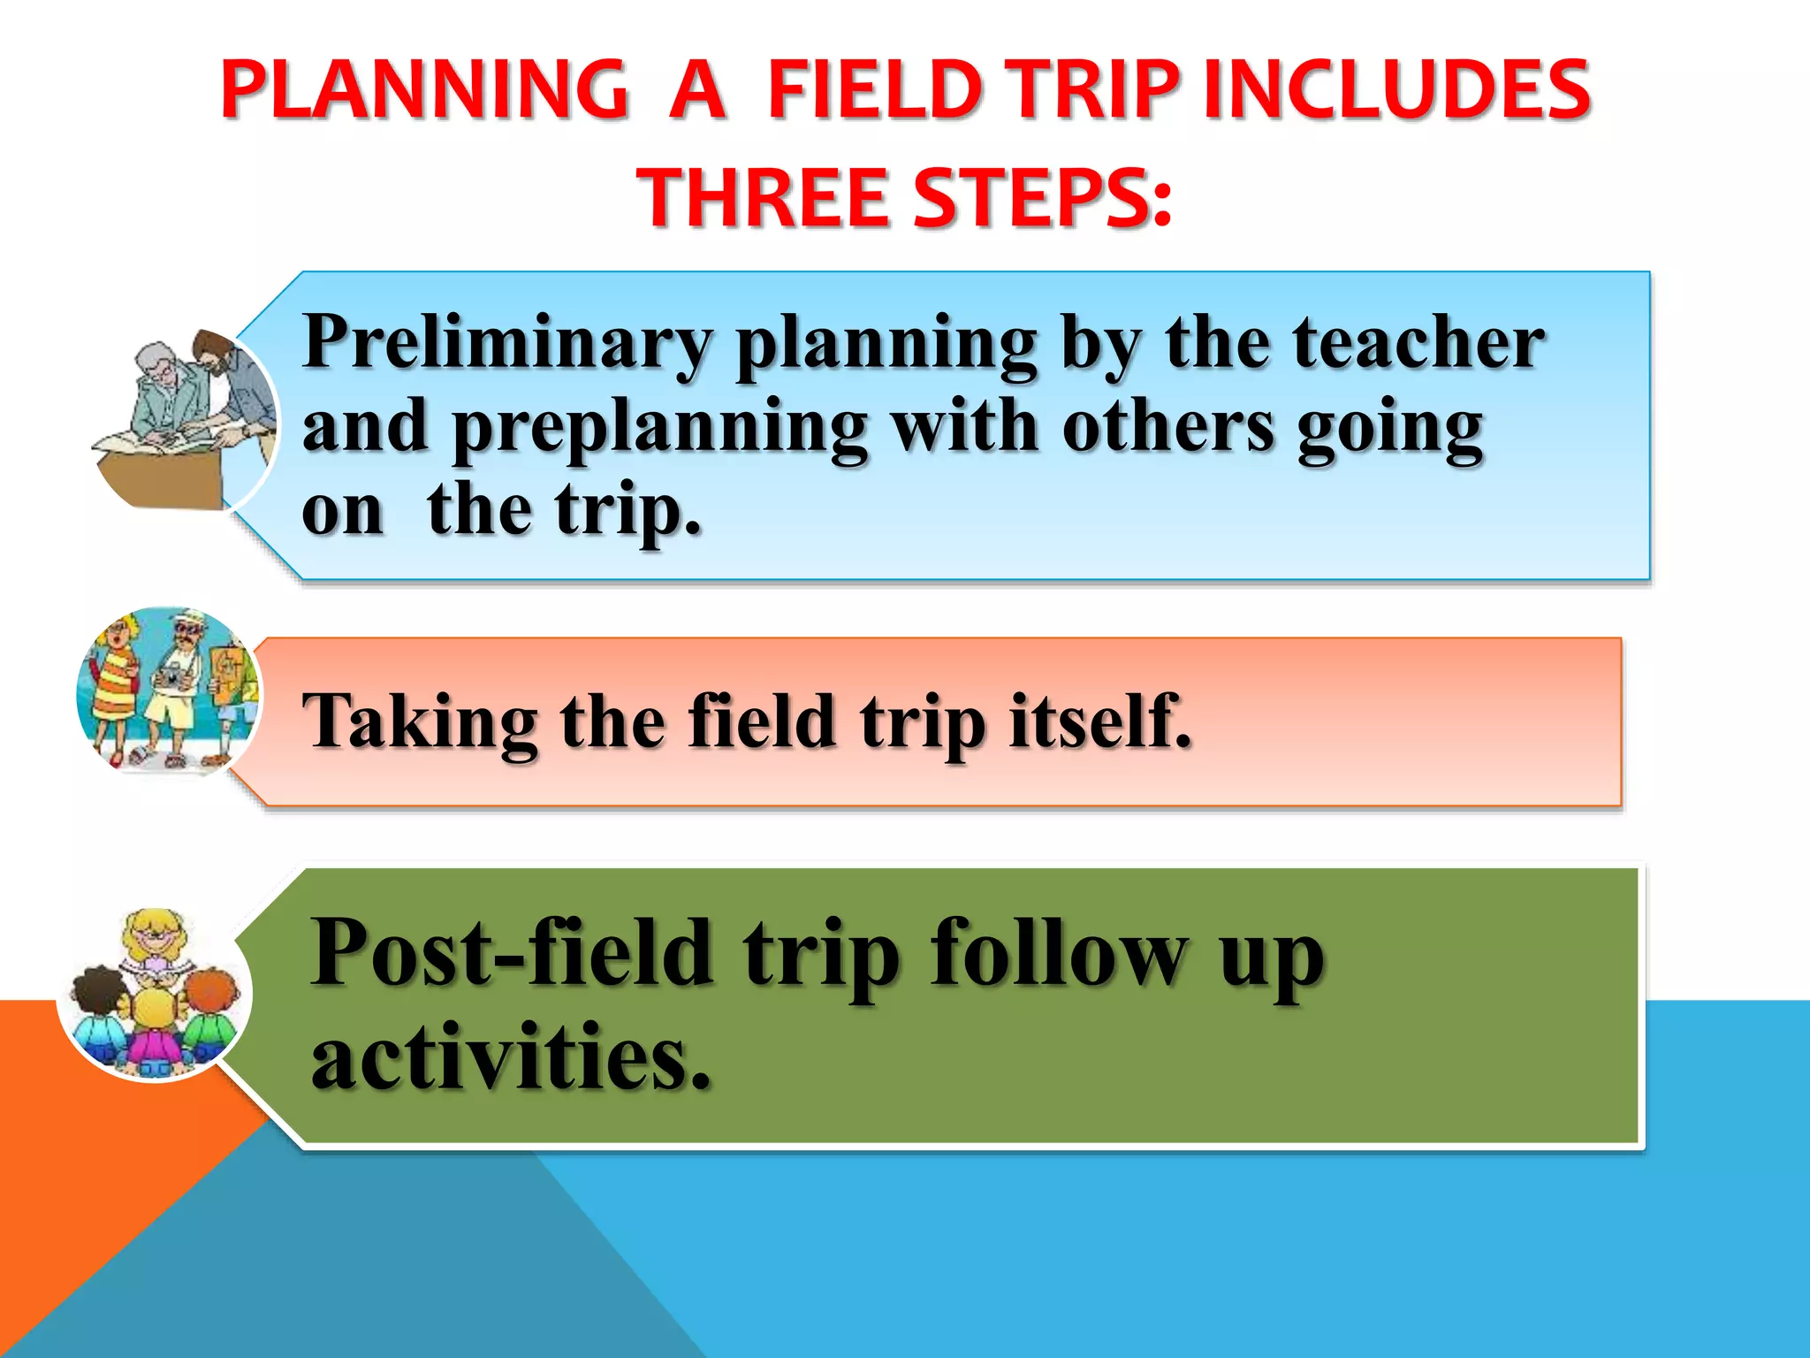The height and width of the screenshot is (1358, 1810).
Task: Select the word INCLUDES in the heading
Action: [1396, 89]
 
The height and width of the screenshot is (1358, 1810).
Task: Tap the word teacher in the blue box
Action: [1418, 343]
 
